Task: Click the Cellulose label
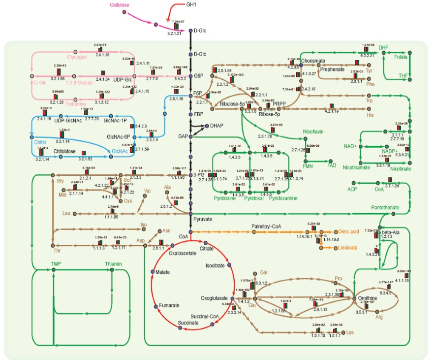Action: tap(120, 5)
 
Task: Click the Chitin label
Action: tap(41, 142)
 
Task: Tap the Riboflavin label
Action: tap(315, 131)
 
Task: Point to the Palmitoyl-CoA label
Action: tap(266, 226)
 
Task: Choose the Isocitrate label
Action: tap(215, 265)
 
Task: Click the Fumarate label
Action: tap(169, 306)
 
